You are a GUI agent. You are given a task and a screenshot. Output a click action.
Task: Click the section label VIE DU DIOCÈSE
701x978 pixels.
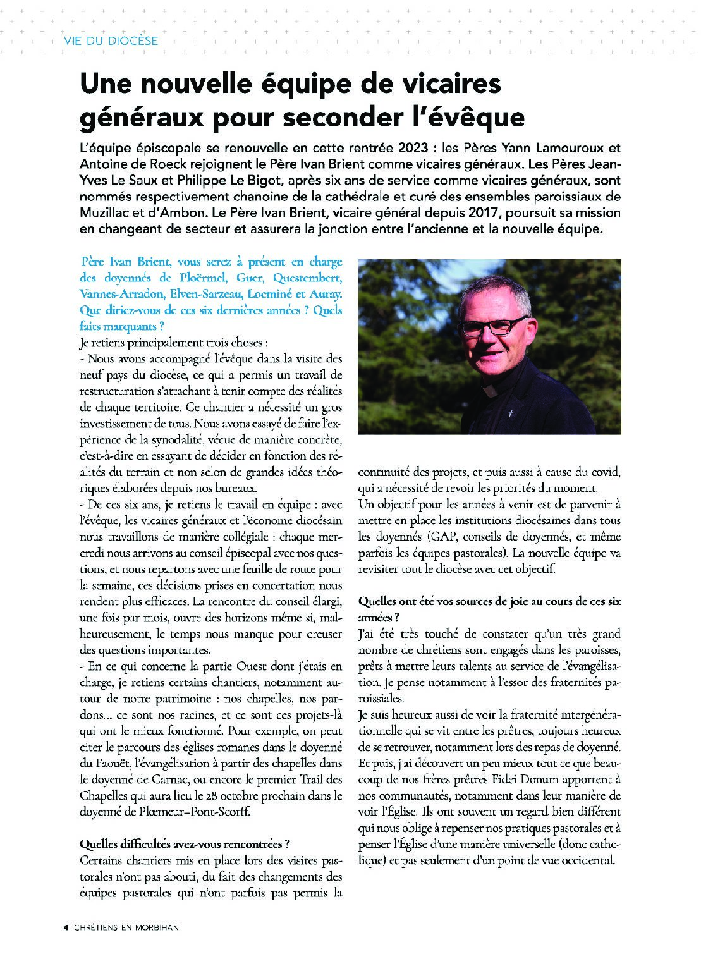[x=111, y=41]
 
